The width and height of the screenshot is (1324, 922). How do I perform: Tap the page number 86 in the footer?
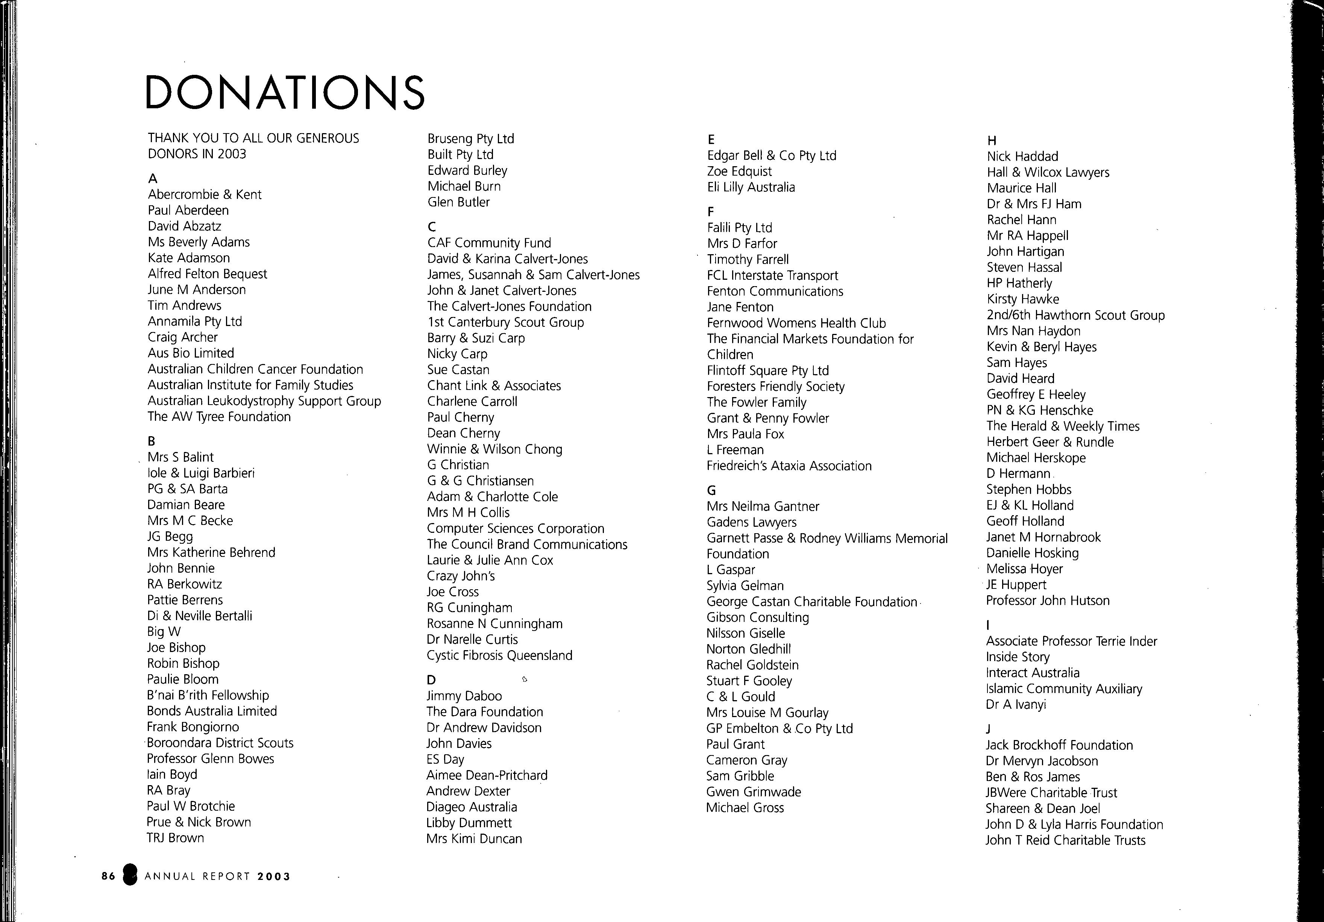click(108, 877)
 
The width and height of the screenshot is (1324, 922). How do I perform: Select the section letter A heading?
click(153, 179)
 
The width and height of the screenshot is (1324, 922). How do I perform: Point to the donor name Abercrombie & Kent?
click(204, 195)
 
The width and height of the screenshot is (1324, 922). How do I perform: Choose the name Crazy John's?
click(461, 576)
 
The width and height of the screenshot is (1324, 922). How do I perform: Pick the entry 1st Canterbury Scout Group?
click(505, 322)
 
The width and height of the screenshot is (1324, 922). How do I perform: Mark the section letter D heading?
click(431, 680)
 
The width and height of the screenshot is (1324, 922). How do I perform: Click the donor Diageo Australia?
click(472, 807)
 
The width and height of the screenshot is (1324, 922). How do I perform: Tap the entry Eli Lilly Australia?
click(751, 187)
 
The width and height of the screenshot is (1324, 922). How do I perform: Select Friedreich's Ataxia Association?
click(789, 466)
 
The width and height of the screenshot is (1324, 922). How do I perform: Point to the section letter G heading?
click(711, 491)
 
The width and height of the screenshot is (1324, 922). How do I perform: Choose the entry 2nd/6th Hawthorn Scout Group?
click(1075, 315)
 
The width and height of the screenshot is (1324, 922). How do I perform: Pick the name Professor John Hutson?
click(1047, 601)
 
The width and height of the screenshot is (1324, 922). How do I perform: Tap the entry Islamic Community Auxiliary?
click(1064, 689)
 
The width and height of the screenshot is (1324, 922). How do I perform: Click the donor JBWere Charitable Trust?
click(1051, 793)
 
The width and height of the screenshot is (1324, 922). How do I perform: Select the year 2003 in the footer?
click(274, 877)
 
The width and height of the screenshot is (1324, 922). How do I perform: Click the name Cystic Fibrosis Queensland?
click(499, 656)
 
